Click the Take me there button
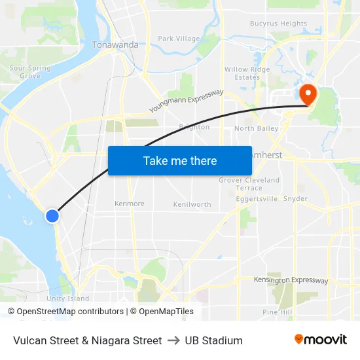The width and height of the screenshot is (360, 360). click(180, 160)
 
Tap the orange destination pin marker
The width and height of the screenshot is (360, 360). click(306, 94)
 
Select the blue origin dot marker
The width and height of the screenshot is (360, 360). click(52, 215)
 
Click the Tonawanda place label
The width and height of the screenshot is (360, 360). click(115, 45)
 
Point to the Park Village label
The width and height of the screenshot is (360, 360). click(179, 39)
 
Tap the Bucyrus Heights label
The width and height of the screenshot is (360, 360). click(278, 24)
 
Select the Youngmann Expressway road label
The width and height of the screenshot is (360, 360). click(187, 101)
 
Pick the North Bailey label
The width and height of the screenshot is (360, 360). click(256, 128)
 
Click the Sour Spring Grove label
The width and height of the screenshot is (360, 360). click(30, 72)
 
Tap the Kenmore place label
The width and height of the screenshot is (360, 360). click(129, 204)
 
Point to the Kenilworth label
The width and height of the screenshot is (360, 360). click(192, 204)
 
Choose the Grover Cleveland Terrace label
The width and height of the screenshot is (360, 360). click(249, 184)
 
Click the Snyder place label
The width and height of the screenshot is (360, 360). click(295, 198)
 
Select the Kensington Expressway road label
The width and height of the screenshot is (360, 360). click(291, 280)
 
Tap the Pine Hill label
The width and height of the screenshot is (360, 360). click(277, 312)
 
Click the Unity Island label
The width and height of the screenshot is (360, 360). click(67, 298)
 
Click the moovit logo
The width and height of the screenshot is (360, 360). click(320, 340)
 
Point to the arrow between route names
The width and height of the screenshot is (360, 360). click(173, 340)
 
